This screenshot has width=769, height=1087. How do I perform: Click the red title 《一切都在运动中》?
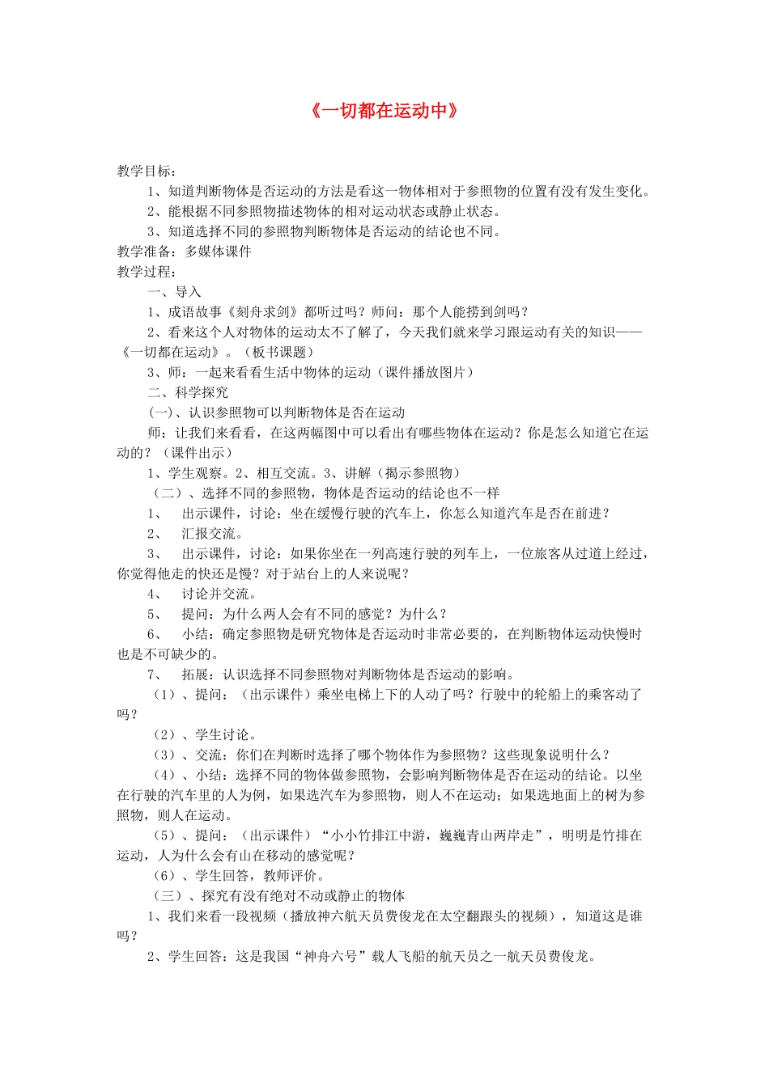click(384, 111)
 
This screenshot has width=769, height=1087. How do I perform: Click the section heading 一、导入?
click(174, 292)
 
